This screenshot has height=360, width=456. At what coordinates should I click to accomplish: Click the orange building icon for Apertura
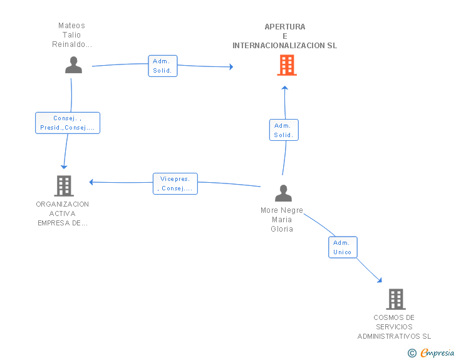coord(286,65)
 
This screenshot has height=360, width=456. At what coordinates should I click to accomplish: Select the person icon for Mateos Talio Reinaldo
coord(74,65)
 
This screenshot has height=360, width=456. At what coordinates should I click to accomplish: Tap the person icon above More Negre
coord(283,193)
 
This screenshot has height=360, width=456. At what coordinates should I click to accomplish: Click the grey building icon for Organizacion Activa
coord(64,185)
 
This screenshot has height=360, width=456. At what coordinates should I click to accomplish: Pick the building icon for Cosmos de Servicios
coord(395,299)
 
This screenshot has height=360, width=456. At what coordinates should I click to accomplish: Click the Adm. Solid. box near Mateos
coord(163,66)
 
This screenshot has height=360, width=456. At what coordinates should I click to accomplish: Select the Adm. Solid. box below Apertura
coord(284,130)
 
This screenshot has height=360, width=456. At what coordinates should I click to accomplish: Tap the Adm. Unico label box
coord(343,247)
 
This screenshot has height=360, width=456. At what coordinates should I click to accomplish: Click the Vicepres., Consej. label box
coord(175,183)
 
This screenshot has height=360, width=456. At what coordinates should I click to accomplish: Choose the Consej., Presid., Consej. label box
coord(67,123)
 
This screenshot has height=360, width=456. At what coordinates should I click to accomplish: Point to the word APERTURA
coord(285,27)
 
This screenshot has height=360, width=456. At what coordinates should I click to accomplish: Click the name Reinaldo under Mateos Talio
coord(71,44)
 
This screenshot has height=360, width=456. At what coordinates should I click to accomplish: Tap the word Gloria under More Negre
coord(282,229)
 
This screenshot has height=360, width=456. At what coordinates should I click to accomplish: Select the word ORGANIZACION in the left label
coord(63,204)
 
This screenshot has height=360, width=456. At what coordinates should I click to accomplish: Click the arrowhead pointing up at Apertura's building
coord(284,88)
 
